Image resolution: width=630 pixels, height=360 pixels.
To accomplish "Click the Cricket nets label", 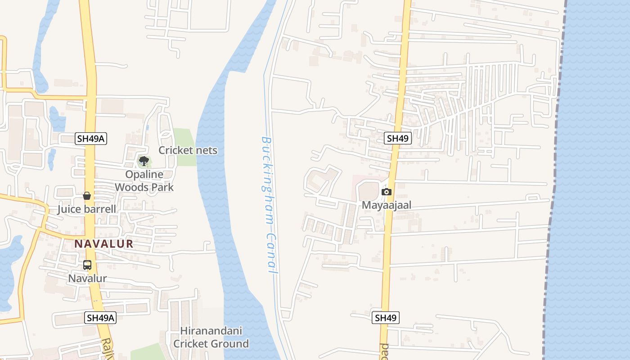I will click(x=188, y=150).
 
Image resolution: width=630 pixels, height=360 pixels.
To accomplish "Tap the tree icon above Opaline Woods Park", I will click(x=144, y=161).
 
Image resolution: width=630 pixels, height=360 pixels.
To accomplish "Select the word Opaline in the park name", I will click(x=144, y=175).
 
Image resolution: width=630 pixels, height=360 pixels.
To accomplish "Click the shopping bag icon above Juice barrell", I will click(x=87, y=196).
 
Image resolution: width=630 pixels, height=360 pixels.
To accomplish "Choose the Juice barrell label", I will click(x=86, y=209).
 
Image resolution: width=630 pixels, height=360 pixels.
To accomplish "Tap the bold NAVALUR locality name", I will click(x=103, y=244).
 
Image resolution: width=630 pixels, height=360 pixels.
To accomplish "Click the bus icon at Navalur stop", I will click(x=87, y=265).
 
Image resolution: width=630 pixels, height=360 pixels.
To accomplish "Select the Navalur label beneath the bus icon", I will click(x=87, y=279).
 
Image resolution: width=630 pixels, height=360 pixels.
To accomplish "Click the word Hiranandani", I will click(x=211, y=331).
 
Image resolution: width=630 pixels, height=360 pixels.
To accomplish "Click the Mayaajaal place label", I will click(x=387, y=205).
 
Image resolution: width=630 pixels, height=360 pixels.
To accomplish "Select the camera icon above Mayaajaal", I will click(x=386, y=192).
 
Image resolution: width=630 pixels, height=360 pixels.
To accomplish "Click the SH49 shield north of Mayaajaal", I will click(x=398, y=138).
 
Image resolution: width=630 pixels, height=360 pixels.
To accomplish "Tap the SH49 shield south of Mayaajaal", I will click(x=386, y=318).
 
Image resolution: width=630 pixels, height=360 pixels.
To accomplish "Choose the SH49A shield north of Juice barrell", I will click(x=91, y=139).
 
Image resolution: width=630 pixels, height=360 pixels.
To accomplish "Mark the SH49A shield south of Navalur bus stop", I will click(x=100, y=318).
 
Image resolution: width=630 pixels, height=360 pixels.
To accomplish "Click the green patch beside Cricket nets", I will click(x=184, y=137).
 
